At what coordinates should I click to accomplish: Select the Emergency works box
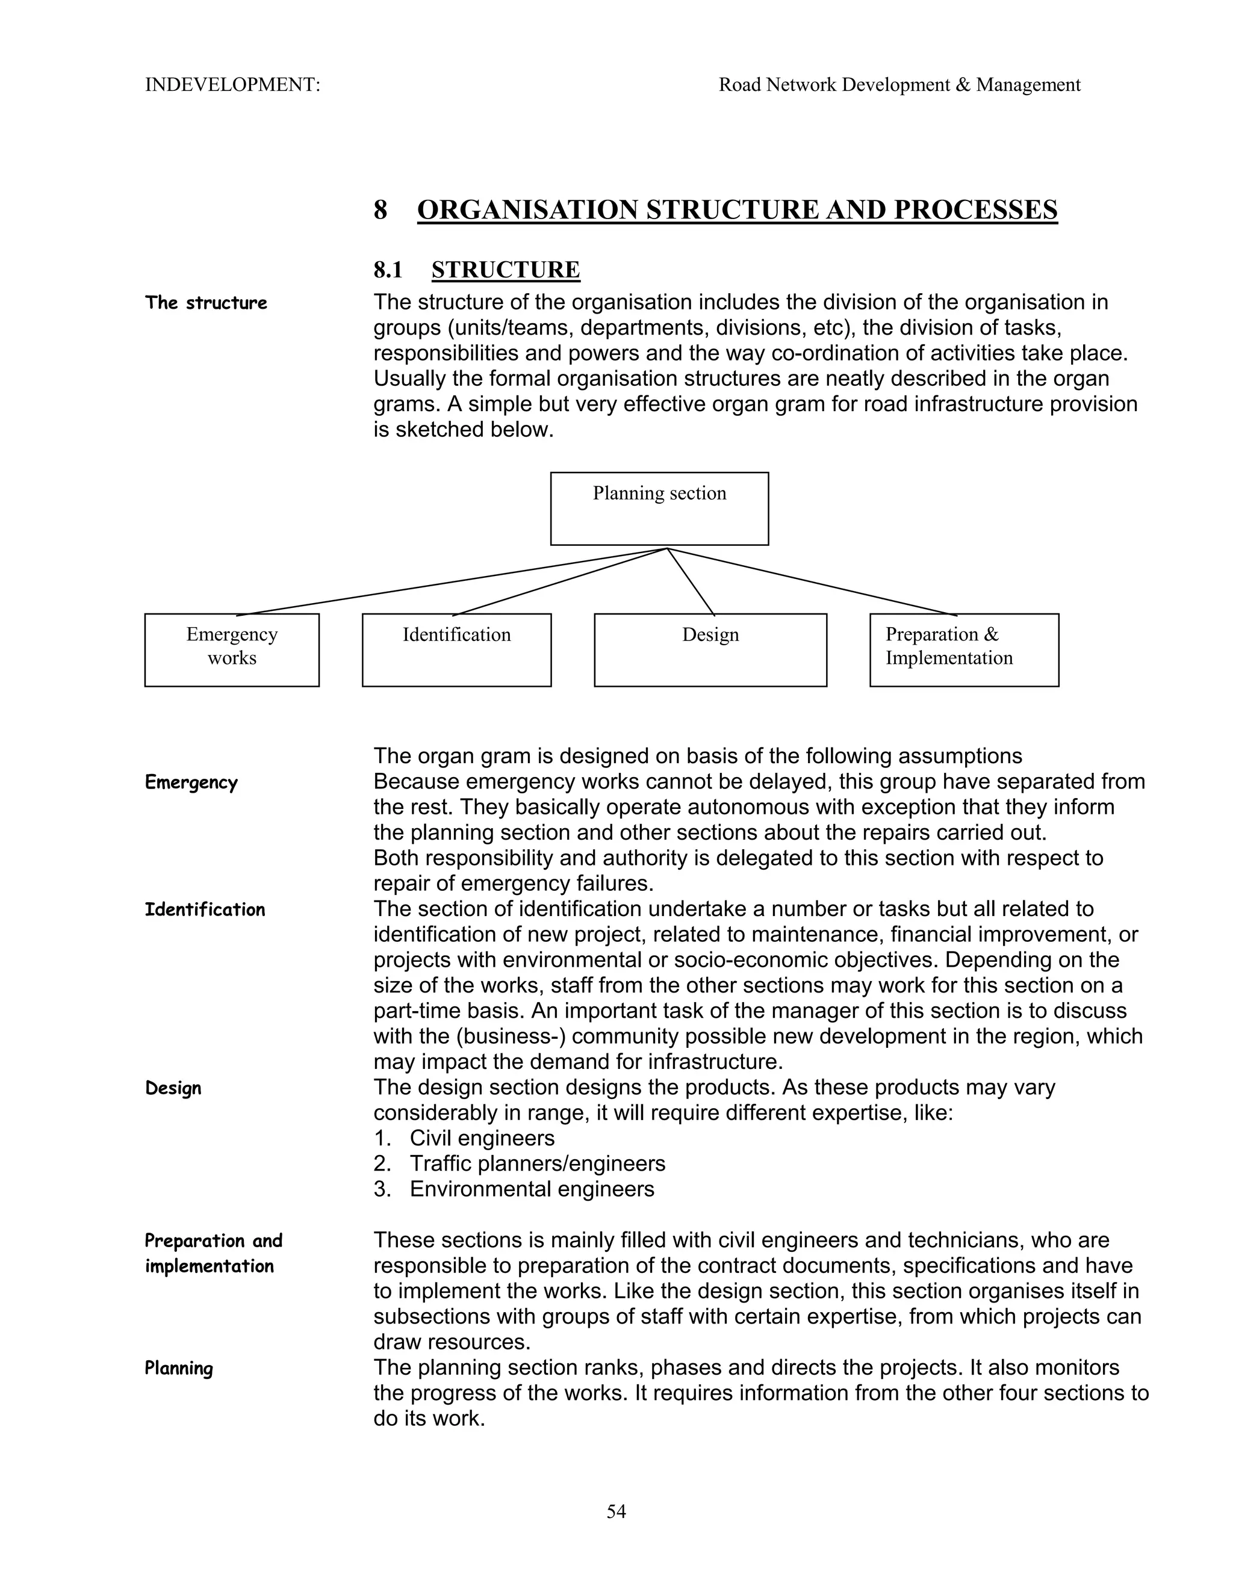[232, 649]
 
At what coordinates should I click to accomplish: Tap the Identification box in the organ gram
[456, 649]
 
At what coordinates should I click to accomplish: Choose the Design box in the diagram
[710, 649]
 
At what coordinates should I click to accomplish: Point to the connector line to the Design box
[691, 581]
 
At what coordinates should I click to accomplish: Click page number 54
[616, 1511]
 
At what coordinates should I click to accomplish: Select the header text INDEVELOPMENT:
[232, 85]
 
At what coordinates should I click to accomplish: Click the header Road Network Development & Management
[899, 85]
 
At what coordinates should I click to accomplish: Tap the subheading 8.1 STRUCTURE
[476, 270]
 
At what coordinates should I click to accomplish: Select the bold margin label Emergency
[191, 782]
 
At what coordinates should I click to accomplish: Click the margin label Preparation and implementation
[213, 1253]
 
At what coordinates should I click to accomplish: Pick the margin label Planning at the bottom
[178, 1368]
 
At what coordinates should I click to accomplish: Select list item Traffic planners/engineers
[537, 1163]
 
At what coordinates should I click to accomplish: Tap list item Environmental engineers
[531, 1189]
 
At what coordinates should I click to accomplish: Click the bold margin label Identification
[205, 909]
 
